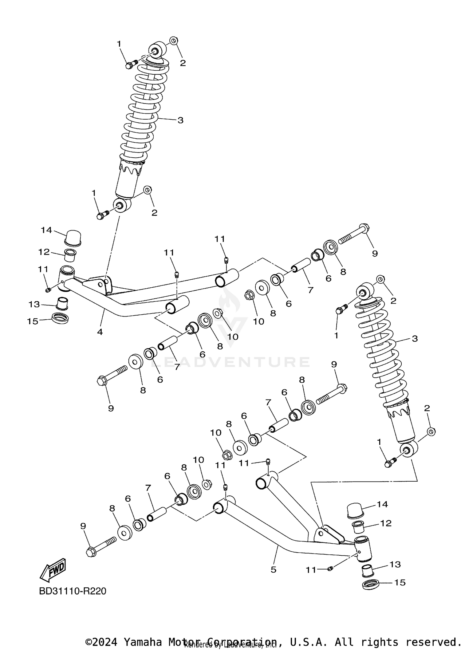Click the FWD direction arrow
[53, 569]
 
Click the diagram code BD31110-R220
[73, 591]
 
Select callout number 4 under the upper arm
[100, 332]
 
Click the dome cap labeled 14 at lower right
[355, 511]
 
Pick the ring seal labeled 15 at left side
[60, 318]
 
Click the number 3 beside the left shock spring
[180, 120]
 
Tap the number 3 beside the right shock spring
[415, 339]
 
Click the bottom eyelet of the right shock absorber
[409, 450]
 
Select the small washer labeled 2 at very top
[174, 40]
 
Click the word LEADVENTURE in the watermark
[230, 362]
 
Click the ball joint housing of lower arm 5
[363, 549]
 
